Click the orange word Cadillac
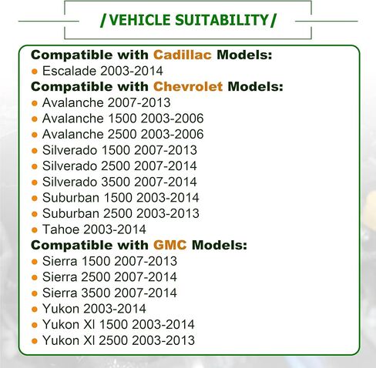point(183,55)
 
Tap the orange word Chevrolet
point(188,87)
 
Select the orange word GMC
point(170,245)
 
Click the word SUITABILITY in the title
point(222,20)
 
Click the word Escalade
point(69,71)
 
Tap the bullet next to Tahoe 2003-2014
point(35,230)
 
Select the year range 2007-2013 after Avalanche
point(139,102)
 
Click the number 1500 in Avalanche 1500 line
point(123,119)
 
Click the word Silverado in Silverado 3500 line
point(69,182)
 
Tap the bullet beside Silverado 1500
point(35,151)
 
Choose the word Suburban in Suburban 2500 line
point(71,213)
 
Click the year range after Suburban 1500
point(167,198)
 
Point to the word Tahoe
point(61,229)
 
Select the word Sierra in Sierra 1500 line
point(59,261)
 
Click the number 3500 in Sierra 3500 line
point(96,293)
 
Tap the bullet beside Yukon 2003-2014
point(35,309)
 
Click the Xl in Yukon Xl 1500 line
point(89,325)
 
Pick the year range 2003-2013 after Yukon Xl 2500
point(163,340)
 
